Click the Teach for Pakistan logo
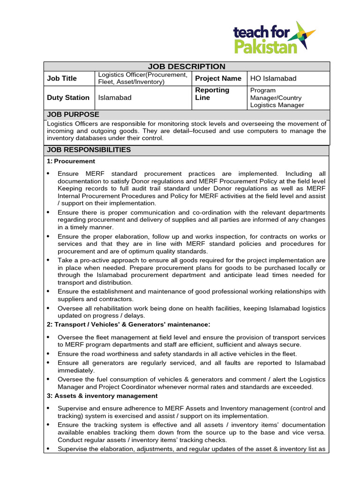274,37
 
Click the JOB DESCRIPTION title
187,67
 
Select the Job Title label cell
62,78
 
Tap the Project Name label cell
218,78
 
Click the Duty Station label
68,97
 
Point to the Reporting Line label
212,94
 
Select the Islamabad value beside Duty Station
115,97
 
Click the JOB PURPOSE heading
73,114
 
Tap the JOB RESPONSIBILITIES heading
89,150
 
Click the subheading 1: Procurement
71,161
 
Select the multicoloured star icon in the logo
304,35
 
